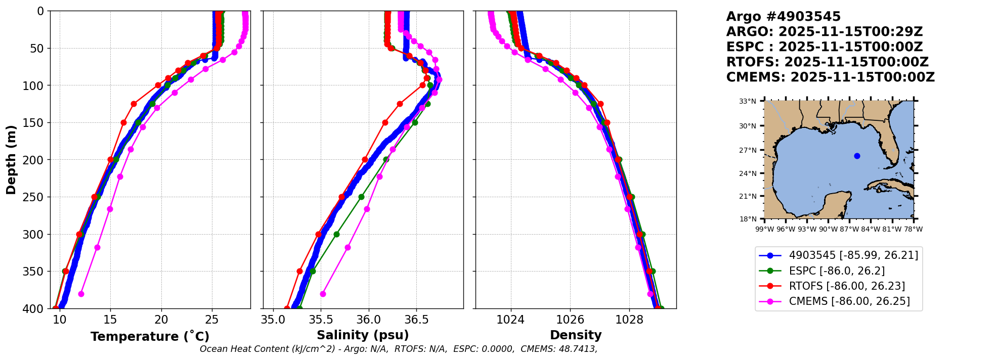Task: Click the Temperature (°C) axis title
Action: [150, 337]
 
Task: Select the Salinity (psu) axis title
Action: [363, 335]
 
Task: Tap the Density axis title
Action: [576, 335]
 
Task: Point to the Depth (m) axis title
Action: [11, 160]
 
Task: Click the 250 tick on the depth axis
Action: [37, 197]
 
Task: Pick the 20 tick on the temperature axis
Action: [161, 320]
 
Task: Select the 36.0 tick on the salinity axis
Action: [368, 320]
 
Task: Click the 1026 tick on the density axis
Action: [570, 320]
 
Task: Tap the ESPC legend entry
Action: [837, 271]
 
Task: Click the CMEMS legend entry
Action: [849, 301]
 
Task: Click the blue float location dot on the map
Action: [857, 156]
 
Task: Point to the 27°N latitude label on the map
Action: [748, 150]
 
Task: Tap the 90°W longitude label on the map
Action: [828, 229]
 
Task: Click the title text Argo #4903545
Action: [783, 17]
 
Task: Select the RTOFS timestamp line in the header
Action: [827, 62]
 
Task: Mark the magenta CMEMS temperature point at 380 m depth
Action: [81, 294]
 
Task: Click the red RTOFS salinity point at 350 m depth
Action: [299, 272]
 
